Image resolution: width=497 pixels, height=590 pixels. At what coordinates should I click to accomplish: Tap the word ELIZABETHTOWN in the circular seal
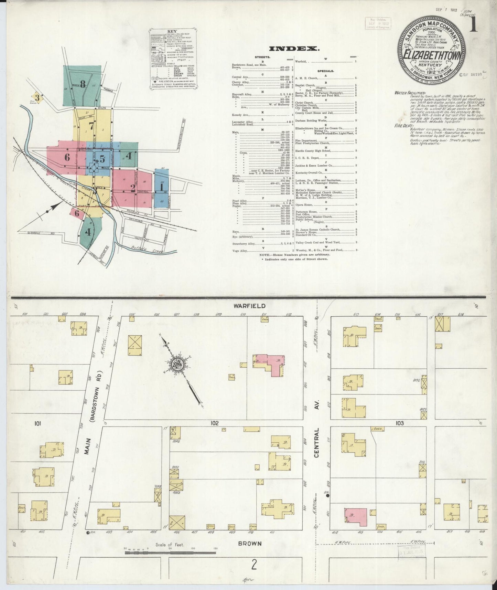[x=432, y=55]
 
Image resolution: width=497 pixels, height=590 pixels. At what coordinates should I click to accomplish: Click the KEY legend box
[x=173, y=59]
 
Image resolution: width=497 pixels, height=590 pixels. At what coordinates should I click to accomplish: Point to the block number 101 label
[x=37, y=424]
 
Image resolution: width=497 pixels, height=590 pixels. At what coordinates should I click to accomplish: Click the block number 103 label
[x=399, y=423]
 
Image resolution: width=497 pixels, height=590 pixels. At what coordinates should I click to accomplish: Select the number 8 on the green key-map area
[x=83, y=84]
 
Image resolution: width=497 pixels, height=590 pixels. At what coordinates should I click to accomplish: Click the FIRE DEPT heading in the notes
[x=403, y=126]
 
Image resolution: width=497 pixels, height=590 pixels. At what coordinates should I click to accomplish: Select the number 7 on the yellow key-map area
[x=91, y=126]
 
